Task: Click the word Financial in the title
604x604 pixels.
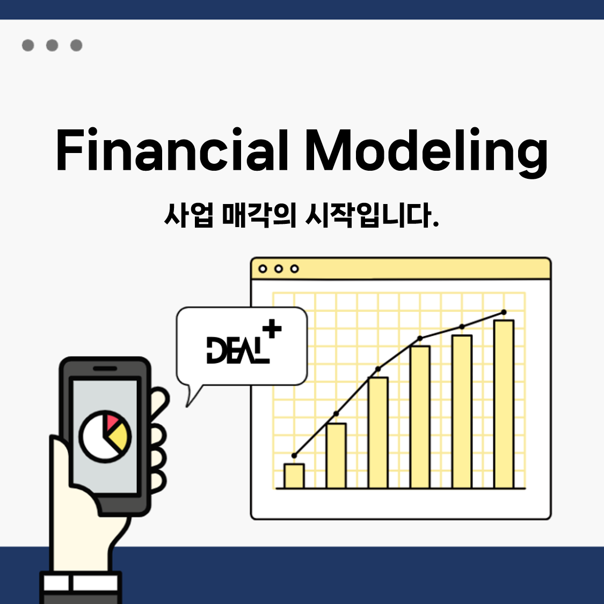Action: tap(172, 149)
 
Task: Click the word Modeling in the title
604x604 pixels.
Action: tap(426, 152)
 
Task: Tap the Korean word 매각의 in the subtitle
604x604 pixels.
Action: tap(259, 215)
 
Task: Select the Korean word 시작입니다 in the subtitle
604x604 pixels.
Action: tap(372, 215)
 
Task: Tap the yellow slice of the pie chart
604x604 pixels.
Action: tap(118, 437)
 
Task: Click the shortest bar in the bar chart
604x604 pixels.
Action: tap(294, 476)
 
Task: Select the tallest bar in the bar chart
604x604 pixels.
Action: tap(504, 404)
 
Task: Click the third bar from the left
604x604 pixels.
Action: tap(378, 433)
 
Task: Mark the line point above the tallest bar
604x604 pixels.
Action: tap(504, 312)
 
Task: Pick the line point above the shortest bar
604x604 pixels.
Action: tap(294, 456)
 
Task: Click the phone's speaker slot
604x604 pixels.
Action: tap(105, 368)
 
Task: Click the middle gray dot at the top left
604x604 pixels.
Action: tap(52, 45)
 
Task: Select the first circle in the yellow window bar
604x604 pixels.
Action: tap(263, 268)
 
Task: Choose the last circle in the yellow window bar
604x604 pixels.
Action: tap(294, 268)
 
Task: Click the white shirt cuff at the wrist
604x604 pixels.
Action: tap(81, 583)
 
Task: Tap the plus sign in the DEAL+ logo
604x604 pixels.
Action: tap(272, 329)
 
